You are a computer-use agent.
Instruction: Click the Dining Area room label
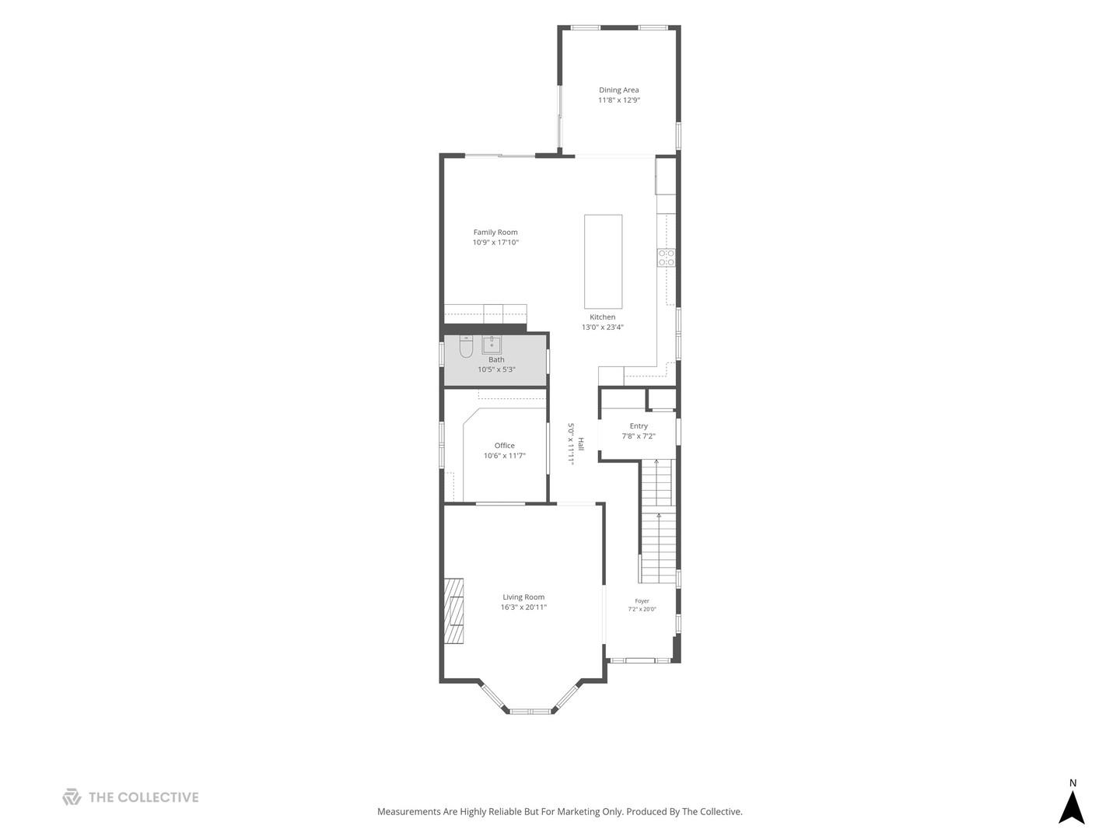[x=618, y=89]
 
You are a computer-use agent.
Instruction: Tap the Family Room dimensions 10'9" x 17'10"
[x=495, y=242]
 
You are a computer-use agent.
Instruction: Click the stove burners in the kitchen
[x=666, y=257]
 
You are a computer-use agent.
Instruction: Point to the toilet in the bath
[x=466, y=346]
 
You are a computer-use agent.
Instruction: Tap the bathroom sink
[x=492, y=345]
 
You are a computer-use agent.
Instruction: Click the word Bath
[x=496, y=359]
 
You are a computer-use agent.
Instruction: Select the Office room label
[x=504, y=445]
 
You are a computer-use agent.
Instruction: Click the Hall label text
[x=581, y=443]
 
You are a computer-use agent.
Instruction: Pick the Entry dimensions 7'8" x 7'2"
[x=639, y=436]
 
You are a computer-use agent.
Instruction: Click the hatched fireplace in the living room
[x=453, y=611]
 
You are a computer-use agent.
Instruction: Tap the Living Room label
[x=523, y=597]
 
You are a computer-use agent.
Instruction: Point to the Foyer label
[x=642, y=600]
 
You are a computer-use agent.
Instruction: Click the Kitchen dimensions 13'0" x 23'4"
[x=603, y=327]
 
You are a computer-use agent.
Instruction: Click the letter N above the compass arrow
[x=1073, y=783]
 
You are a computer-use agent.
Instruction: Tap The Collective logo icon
[x=72, y=796]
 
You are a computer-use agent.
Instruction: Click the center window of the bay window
[x=530, y=711]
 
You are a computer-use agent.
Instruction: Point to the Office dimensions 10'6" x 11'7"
[x=504, y=456]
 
